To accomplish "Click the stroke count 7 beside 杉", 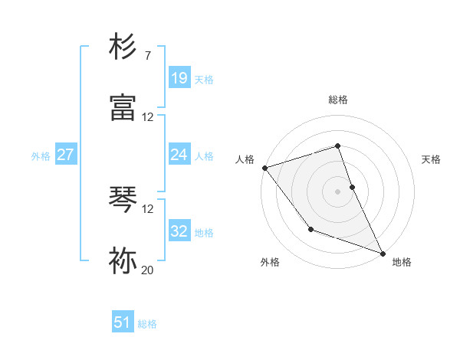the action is coord(147,56).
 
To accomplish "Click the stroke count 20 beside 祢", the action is coord(148,270).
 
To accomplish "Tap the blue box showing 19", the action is coord(179,78).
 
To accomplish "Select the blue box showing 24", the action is coord(179,155).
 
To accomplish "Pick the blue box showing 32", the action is coord(179,231).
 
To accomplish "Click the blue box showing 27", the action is coord(65,155).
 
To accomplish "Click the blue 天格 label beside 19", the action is coord(204,79).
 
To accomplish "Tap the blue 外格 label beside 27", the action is coord(41,155).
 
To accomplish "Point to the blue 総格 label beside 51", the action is coord(147,324).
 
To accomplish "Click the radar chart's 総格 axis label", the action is coord(337,100).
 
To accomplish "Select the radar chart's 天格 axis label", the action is coord(432,159).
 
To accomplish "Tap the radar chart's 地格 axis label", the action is coord(402,262).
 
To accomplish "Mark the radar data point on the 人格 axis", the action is coord(264,168).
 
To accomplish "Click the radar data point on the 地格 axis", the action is coord(383,253).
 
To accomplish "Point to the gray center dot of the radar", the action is coord(337,191).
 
